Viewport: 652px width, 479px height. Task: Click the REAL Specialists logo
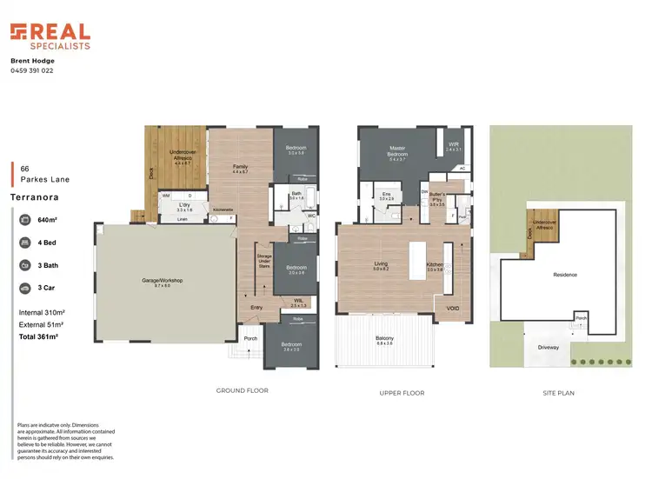click(50, 36)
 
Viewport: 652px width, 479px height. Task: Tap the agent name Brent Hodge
click(32, 61)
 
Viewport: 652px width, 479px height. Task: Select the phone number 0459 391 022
click(32, 70)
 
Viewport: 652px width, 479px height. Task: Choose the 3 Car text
click(47, 286)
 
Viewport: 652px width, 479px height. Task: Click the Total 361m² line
click(38, 336)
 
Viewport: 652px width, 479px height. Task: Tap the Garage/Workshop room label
click(163, 281)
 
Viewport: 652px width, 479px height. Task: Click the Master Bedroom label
click(398, 153)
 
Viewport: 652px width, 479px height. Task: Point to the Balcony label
click(384, 338)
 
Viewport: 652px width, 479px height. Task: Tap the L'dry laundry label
click(183, 208)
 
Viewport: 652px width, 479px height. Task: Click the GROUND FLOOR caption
click(242, 391)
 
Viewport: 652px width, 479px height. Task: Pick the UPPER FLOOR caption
click(402, 393)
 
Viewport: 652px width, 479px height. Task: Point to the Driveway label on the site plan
click(548, 347)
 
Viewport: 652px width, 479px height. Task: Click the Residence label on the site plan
click(565, 275)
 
